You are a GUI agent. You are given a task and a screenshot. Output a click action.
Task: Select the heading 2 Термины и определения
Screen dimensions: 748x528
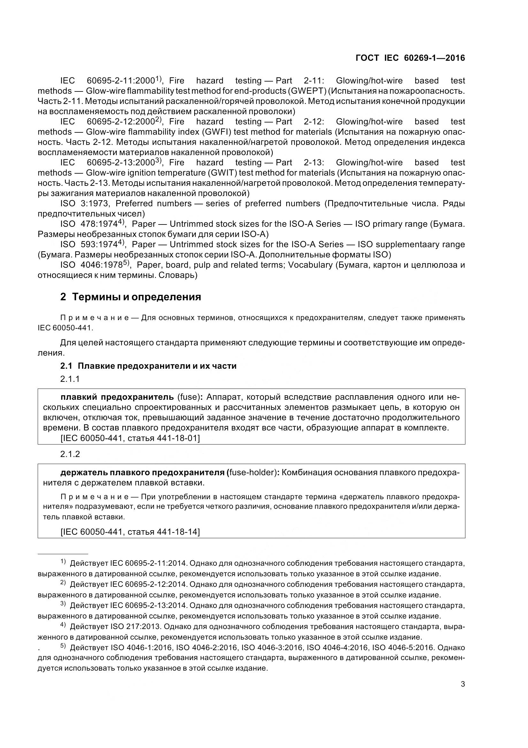coord(131,297)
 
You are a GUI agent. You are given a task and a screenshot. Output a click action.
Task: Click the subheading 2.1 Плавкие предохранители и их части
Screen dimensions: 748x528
coord(148,366)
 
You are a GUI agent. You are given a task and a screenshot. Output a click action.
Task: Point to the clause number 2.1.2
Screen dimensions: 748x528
coord(70,454)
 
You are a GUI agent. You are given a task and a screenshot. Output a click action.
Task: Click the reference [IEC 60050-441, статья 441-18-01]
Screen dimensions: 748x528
coord(130,438)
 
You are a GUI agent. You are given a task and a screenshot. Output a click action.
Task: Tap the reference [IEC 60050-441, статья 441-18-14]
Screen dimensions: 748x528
coord(130,532)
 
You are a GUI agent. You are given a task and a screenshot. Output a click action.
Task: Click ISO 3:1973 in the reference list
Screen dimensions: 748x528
coord(86,204)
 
